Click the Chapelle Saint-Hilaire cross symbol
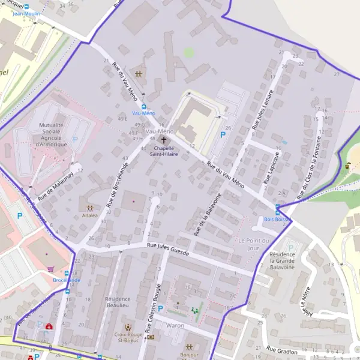[x=164, y=139]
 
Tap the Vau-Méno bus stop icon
[x=143, y=106]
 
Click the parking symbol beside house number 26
[x=223, y=136]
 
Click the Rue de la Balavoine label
[x=208, y=214]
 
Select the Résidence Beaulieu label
[x=117, y=302]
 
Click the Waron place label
[x=175, y=325]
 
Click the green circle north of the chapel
[x=189, y=53]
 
